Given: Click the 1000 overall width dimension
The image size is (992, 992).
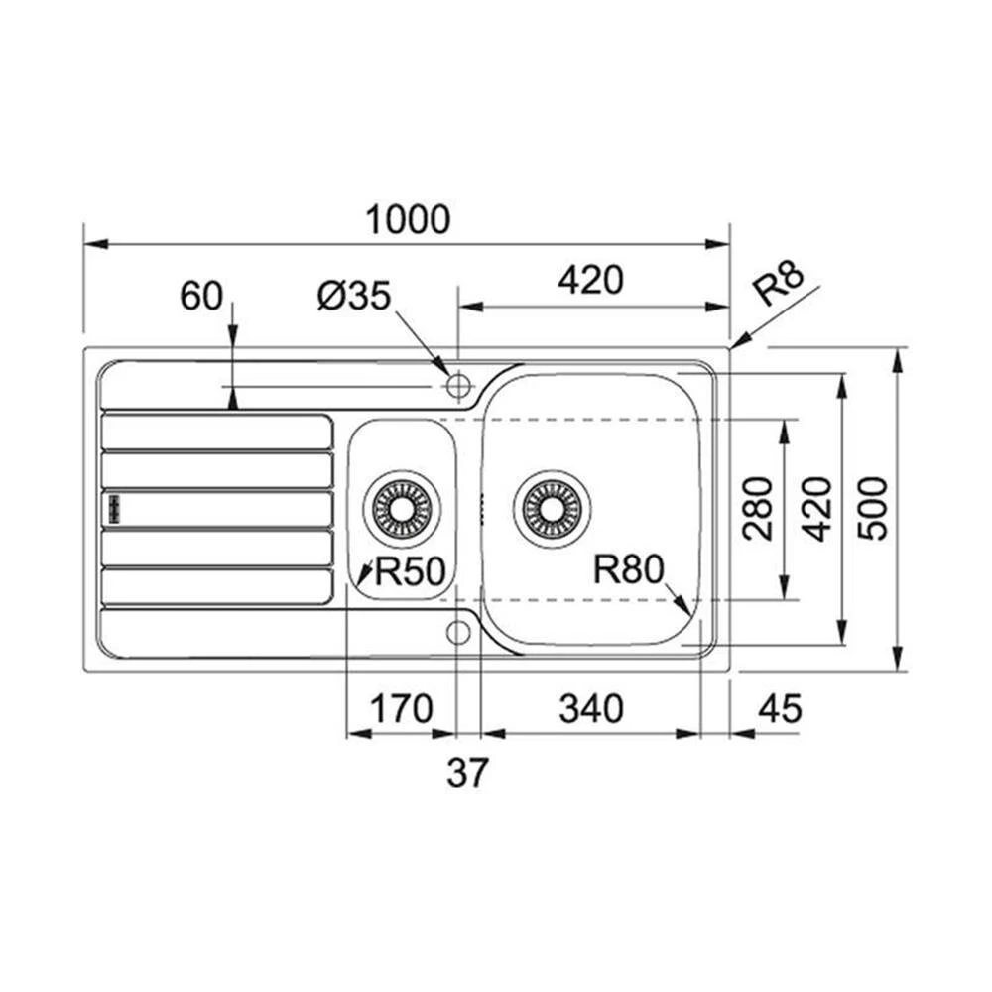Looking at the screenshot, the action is tap(408, 219).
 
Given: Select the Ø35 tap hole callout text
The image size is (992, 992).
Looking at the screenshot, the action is tap(354, 296).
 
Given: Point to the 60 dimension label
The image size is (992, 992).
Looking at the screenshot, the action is tap(201, 296).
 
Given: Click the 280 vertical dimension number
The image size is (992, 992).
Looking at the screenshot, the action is tap(759, 509).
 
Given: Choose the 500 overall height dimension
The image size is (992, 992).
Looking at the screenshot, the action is tap(872, 509).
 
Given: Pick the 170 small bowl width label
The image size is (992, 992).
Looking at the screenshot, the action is tap(402, 708).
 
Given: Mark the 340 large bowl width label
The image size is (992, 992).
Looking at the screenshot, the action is tap(591, 708).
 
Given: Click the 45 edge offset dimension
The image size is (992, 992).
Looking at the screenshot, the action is tap(780, 708).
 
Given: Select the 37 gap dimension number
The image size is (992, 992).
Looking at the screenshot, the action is tap(468, 772).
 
